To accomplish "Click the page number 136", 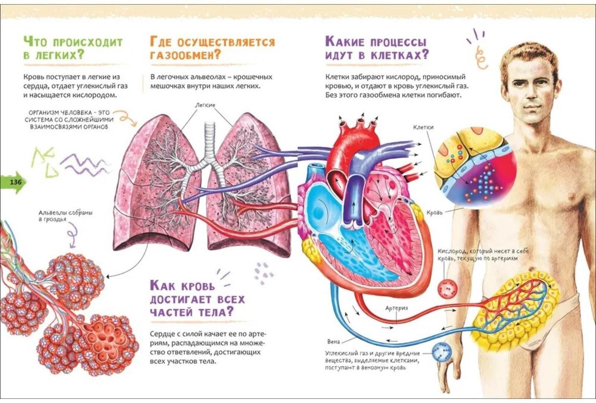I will click(x=16, y=183).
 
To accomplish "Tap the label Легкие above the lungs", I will click(x=205, y=105).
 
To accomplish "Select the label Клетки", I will click(x=423, y=127).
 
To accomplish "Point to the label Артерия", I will click(x=396, y=308).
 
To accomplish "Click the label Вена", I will click(x=333, y=342).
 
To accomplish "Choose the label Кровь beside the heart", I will click(x=434, y=213).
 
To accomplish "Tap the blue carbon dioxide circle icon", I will click(x=442, y=352).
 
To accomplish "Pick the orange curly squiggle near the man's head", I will click(x=481, y=58).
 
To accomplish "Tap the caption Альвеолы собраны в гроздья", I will click(x=65, y=216).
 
